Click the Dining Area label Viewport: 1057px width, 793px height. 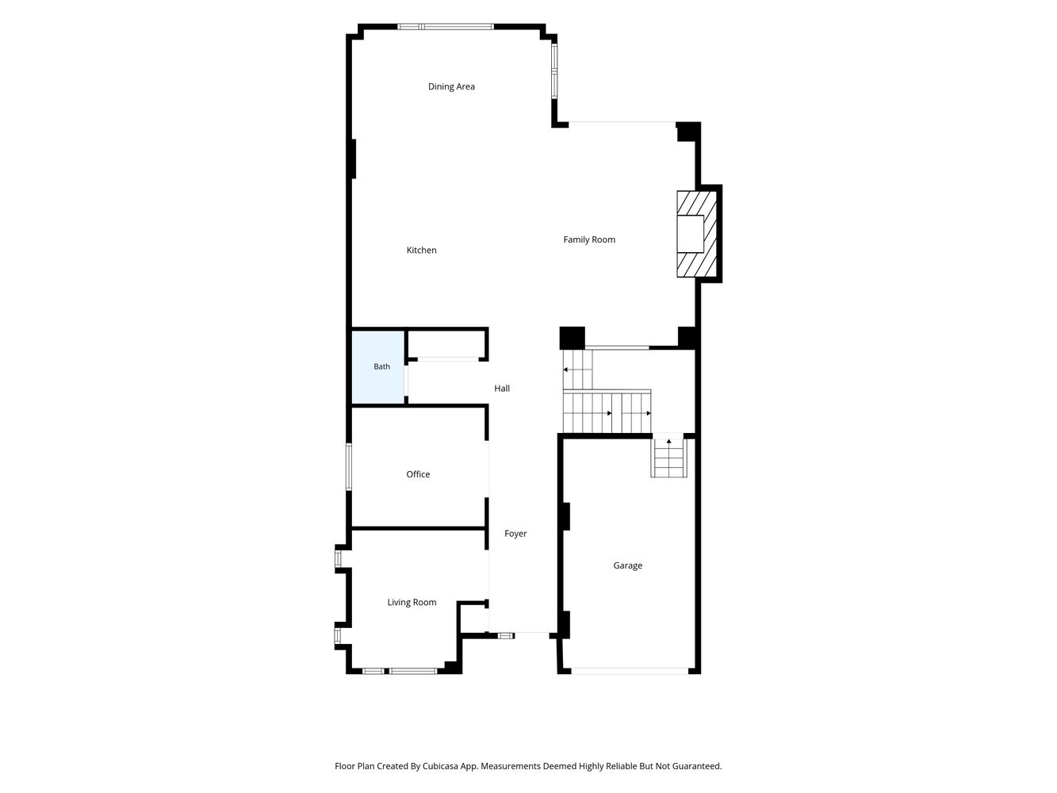[451, 86]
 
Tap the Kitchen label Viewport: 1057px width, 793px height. [421, 250]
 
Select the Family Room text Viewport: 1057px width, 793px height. [589, 239]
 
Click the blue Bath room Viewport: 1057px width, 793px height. [378, 367]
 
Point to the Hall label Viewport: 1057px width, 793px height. [502, 388]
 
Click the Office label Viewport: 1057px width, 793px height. [418, 474]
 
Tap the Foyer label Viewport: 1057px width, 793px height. [515, 534]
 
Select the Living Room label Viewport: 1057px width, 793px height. [412, 603]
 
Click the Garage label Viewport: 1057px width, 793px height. [627, 565]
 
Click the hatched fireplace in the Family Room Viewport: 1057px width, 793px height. [696, 234]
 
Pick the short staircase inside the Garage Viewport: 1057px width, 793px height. [669, 455]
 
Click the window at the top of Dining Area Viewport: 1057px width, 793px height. [446, 26]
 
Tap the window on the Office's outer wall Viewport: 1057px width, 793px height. [349, 466]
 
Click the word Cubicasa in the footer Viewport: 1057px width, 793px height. [441, 766]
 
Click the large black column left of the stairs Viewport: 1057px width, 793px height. [572, 338]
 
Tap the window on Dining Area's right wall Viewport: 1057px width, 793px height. [554, 71]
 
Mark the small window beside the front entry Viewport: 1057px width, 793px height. [506, 636]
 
